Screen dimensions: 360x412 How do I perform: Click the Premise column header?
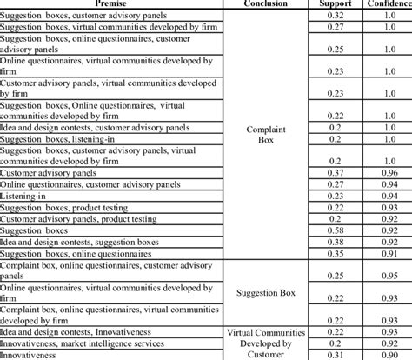pyautogui.click(x=110, y=3)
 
